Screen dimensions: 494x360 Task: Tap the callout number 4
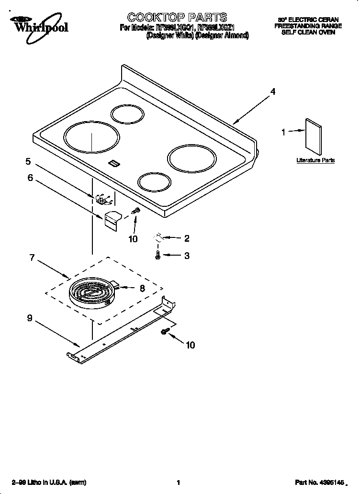pos(273,92)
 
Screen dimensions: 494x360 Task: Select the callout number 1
pos(283,132)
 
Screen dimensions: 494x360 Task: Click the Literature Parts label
pos(315,160)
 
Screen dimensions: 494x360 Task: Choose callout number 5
pos(28,161)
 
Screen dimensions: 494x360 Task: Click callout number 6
pos(30,178)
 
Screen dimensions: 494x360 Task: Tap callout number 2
pos(187,238)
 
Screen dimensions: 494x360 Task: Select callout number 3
pos(187,256)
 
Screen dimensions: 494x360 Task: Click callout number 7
pos(32,258)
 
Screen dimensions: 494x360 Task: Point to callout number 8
pos(142,288)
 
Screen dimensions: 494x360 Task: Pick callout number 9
pos(30,317)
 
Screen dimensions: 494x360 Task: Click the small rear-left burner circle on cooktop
pos(127,114)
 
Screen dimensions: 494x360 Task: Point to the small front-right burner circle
pos(154,182)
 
